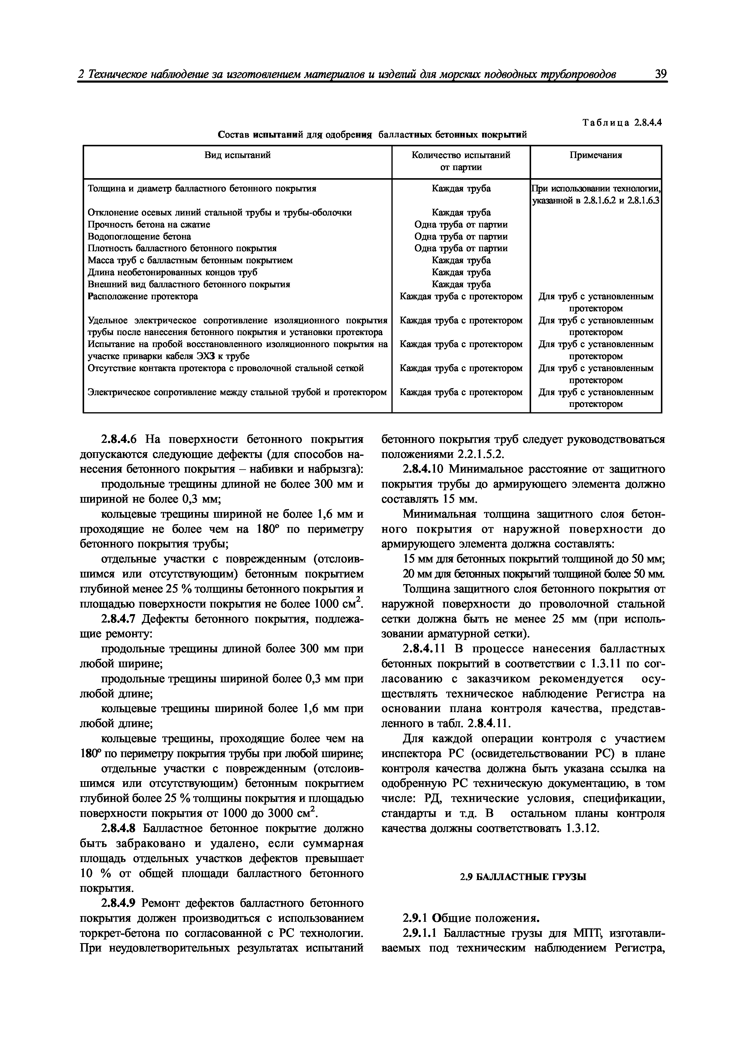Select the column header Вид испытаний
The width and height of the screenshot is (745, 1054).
click(237, 155)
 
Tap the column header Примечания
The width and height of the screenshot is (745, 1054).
click(595, 155)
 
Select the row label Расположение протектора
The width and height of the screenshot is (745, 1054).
click(143, 296)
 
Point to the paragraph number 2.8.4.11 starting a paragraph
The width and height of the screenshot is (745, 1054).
click(424, 649)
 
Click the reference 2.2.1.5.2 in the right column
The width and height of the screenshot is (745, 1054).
click(475, 454)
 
